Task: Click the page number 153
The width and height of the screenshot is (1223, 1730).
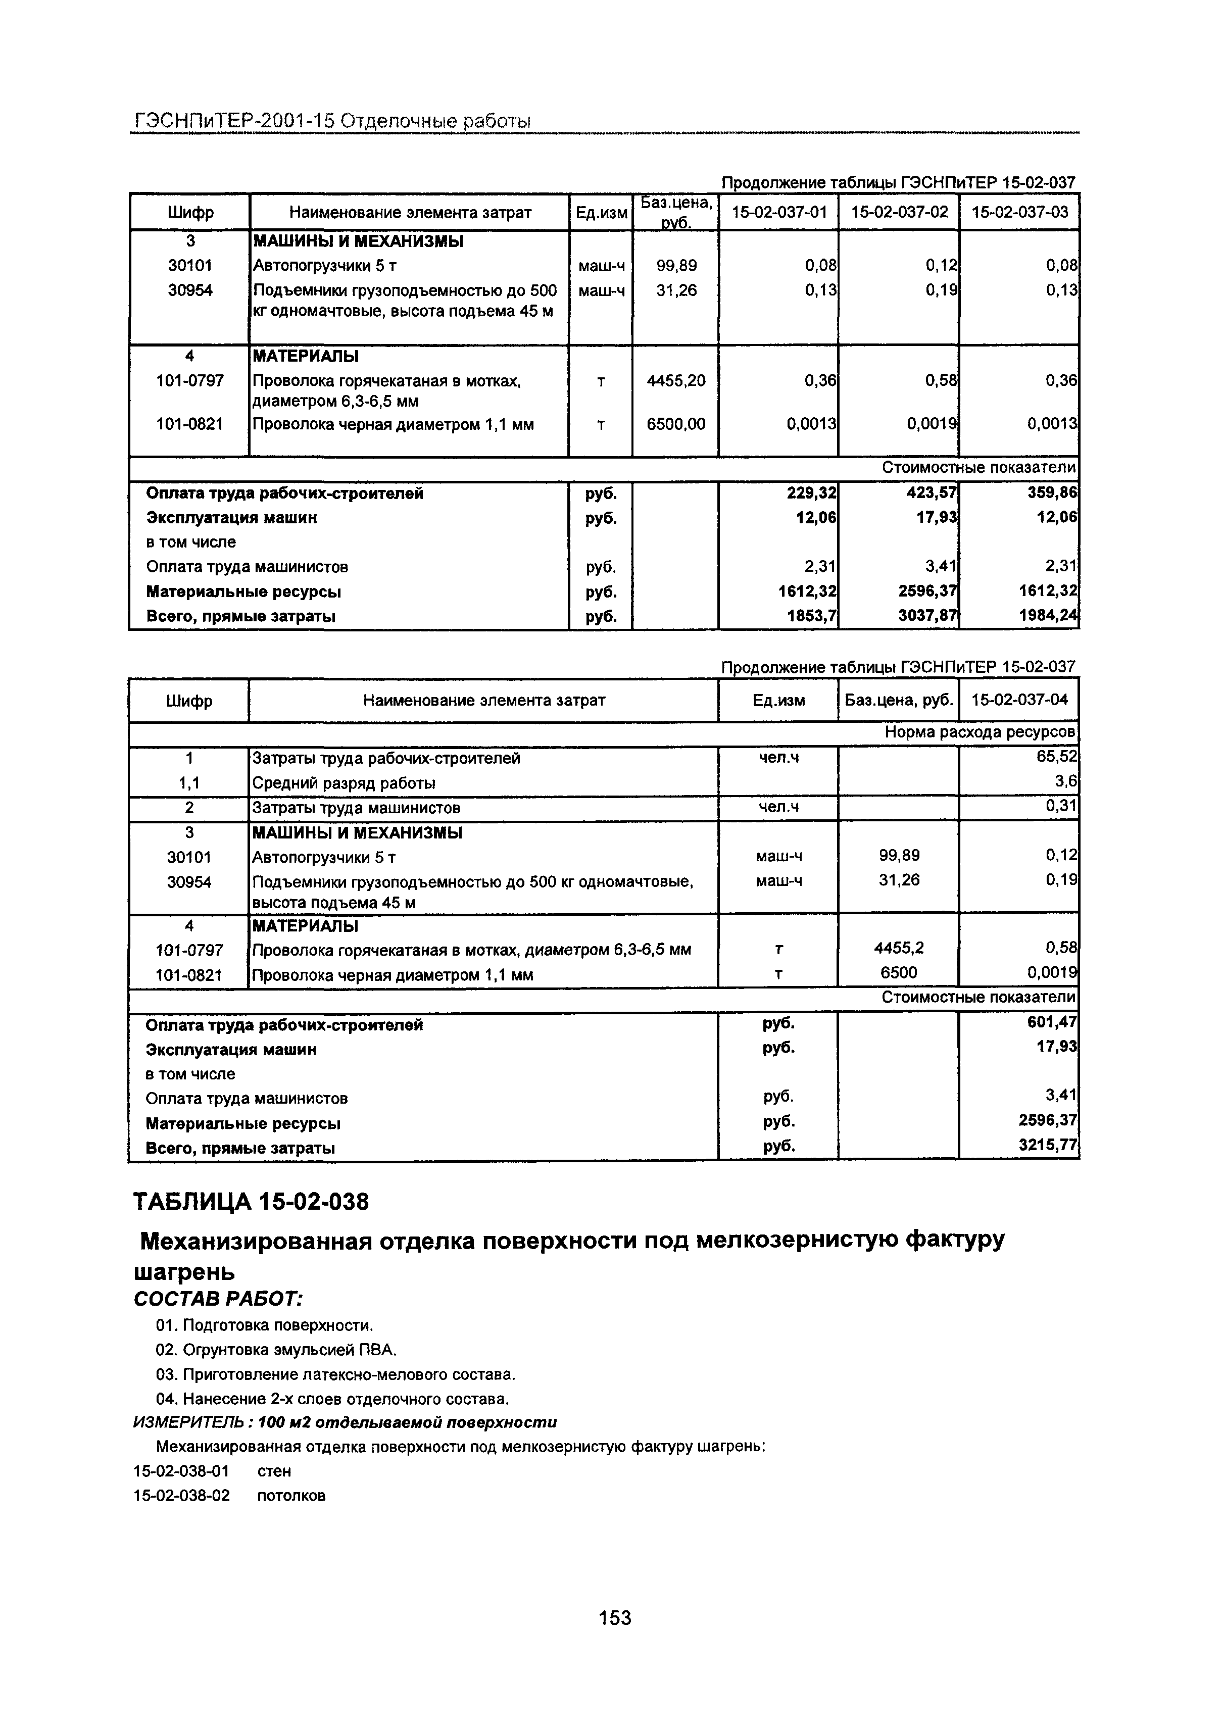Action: (614, 1617)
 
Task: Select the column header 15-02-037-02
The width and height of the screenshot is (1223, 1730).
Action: (899, 213)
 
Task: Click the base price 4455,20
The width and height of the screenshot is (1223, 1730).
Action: (676, 381)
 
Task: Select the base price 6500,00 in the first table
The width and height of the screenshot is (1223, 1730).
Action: (676, 425)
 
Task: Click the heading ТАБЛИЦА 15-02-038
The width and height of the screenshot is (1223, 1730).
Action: (251, 1201)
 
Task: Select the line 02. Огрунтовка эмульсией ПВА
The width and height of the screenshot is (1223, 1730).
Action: (276, 1350)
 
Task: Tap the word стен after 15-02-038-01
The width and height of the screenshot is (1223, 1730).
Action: (274, 1471)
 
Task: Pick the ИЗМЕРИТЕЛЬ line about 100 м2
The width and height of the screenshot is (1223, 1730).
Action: (345, 1422)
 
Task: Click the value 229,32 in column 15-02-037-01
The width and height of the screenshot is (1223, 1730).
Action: (811, 493)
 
